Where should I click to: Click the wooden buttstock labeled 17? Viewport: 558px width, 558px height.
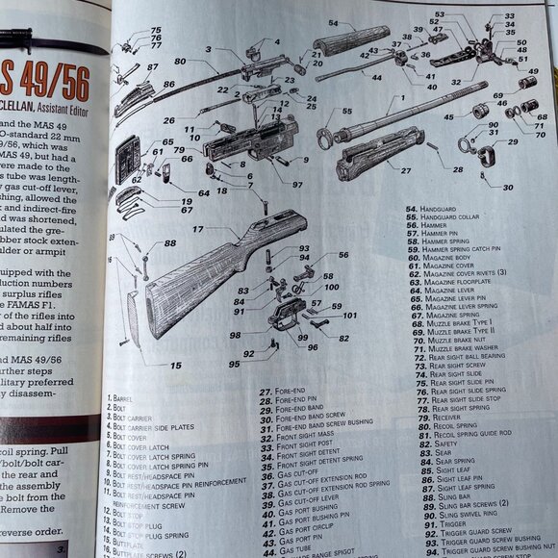click(212, 269)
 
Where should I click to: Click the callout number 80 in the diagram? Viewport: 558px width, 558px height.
click(180, 62)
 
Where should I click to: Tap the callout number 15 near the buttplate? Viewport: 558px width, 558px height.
click(176, 366)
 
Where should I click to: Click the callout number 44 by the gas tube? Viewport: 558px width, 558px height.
click(376, 77)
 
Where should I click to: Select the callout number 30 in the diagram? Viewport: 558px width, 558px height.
click(507, 187)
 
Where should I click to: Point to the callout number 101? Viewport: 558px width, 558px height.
click(349, 316)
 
